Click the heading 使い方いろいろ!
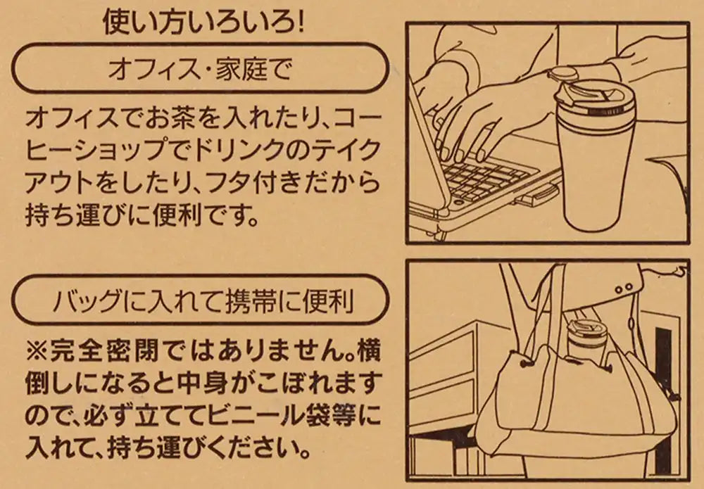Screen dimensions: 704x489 pyautogui.click(x=204, y=22)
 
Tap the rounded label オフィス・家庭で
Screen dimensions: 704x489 pyautogui.click(x=199, y=69)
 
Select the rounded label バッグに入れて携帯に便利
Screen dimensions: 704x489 pyautogui.click(x=199, y=300)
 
